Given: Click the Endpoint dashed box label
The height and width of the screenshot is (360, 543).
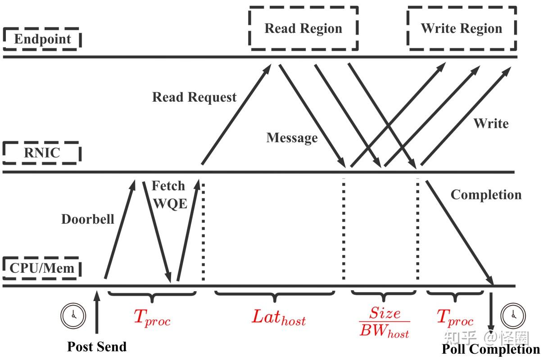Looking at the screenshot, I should click(42, 39).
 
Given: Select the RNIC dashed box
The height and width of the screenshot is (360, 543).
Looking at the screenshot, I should click(41, 153).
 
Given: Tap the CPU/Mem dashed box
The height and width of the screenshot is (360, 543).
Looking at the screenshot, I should click(42, 269).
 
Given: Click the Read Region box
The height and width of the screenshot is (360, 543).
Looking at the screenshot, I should click(303, 28).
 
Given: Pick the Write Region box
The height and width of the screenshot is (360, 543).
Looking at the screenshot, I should click(461, 28).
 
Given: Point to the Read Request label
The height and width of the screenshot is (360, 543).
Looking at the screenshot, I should click(194, 97).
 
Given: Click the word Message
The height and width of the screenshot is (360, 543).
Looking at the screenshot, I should click(292, 138).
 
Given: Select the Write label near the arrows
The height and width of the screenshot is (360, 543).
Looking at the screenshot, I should click(491, 123).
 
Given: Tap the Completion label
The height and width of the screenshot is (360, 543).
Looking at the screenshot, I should click(486, 195).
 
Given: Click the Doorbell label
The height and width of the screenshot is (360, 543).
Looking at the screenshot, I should click(88, 219).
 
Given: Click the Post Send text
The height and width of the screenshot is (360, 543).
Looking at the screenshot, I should click(97, 346).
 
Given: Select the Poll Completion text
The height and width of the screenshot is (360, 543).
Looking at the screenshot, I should click(490, 349).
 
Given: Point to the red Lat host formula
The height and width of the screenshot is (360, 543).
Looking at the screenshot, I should click(278, 318).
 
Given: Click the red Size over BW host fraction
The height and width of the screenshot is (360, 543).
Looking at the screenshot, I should click(384, 322).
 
